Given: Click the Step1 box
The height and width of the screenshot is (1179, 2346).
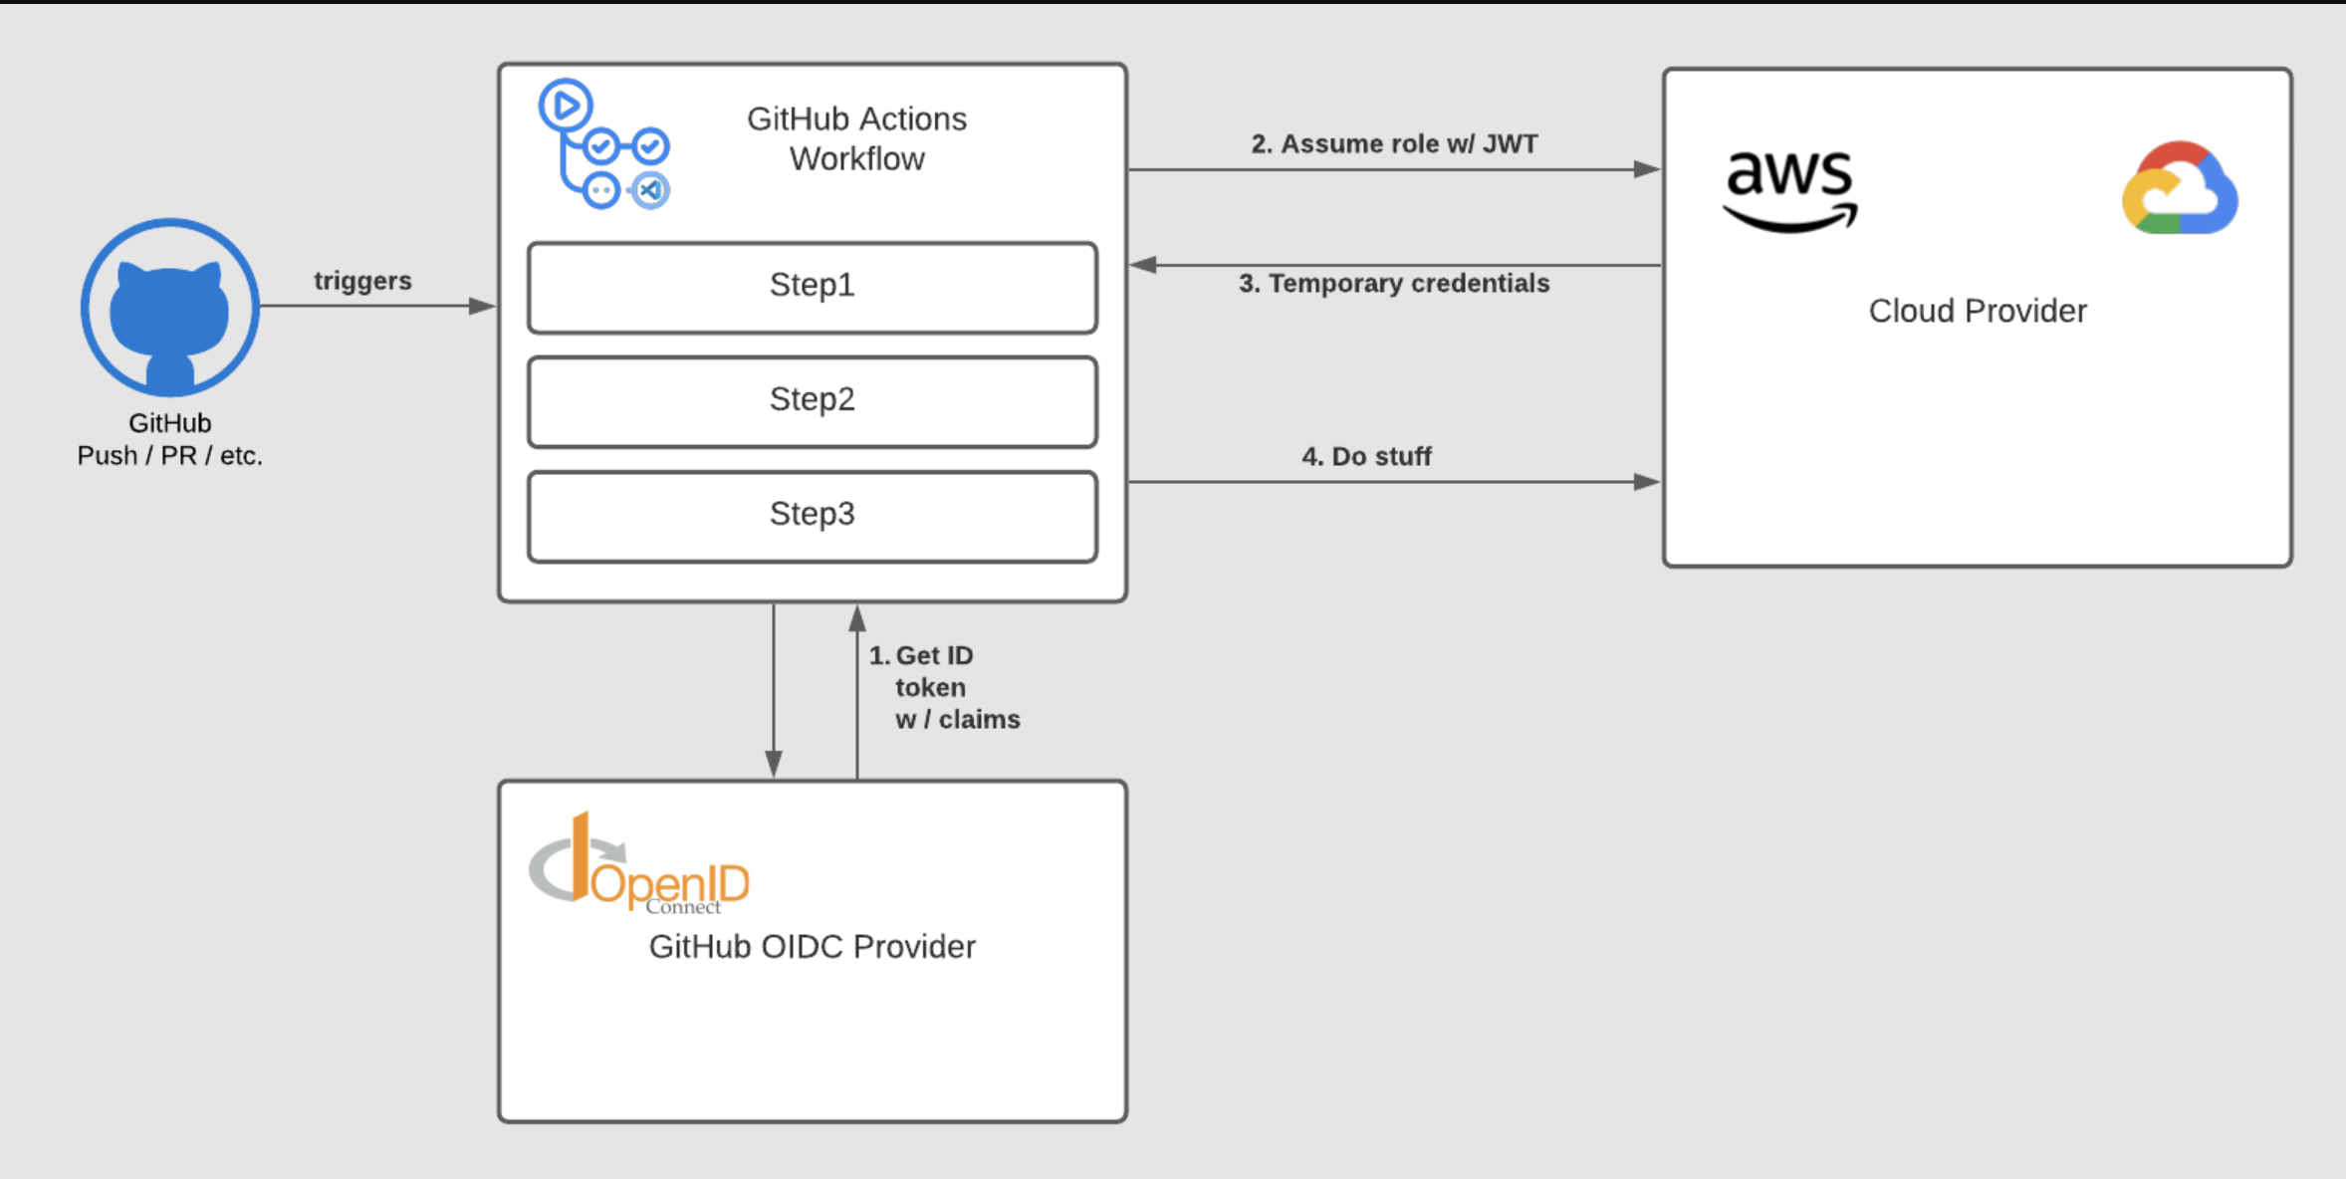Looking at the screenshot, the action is pos(813,287).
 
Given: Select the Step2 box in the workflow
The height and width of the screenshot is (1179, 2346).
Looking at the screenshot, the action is pos(813,401).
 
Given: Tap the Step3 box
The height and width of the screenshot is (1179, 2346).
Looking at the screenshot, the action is pos(813,517).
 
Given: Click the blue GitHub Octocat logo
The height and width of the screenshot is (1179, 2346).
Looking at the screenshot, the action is pos(170,307).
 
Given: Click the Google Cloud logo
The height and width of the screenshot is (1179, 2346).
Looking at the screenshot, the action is pos(2180,188).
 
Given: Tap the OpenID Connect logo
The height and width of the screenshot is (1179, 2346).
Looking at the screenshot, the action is pos(639,863).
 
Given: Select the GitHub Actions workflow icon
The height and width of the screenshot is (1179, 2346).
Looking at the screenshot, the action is pos(603,144).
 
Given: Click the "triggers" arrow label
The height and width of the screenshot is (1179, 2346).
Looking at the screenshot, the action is pos(362,281).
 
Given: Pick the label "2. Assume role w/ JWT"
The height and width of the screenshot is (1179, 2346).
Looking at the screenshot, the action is pos(1394,144).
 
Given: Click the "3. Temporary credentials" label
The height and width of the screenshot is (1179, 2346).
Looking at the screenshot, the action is pos(1394,284).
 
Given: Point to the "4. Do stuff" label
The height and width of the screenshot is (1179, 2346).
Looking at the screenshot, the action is pos(1366,456).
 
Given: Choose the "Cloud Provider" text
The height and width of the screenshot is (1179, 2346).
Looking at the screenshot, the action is pos(1978,311).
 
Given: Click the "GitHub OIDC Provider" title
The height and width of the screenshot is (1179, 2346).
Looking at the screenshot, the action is pos(813,946).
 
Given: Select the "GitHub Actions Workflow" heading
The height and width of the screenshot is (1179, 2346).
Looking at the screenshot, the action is pos(856,138).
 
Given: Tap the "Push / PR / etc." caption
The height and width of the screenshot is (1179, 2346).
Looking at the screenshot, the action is pos(170,456).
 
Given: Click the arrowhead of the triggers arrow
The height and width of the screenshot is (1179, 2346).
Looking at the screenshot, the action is pos(482,306).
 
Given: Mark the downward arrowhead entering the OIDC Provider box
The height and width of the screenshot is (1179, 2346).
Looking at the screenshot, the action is pos(774,764).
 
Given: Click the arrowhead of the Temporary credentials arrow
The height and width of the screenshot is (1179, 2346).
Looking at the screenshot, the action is pos(1143,265).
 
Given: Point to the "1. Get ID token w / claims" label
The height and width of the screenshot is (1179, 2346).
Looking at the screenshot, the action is pos(944,687).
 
